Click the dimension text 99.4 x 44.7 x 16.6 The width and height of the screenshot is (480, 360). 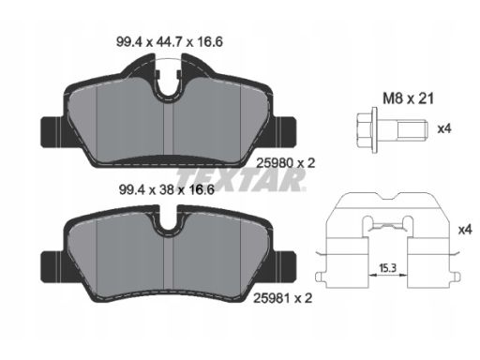click(x=170, y=42)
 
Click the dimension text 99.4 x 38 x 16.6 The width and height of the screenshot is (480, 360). click(x=167, y=189)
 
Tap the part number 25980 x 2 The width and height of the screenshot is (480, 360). click(x=285, y=163)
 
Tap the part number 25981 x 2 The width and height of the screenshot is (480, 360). click(x=282, y=298)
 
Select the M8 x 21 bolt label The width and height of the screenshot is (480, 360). click(x=409, y=98)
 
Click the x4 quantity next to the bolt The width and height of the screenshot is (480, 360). click(x=444, y=128)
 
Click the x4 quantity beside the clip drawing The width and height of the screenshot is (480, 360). click(x=465, y=230)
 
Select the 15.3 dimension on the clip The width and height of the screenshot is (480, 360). click(x=387, y=267)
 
